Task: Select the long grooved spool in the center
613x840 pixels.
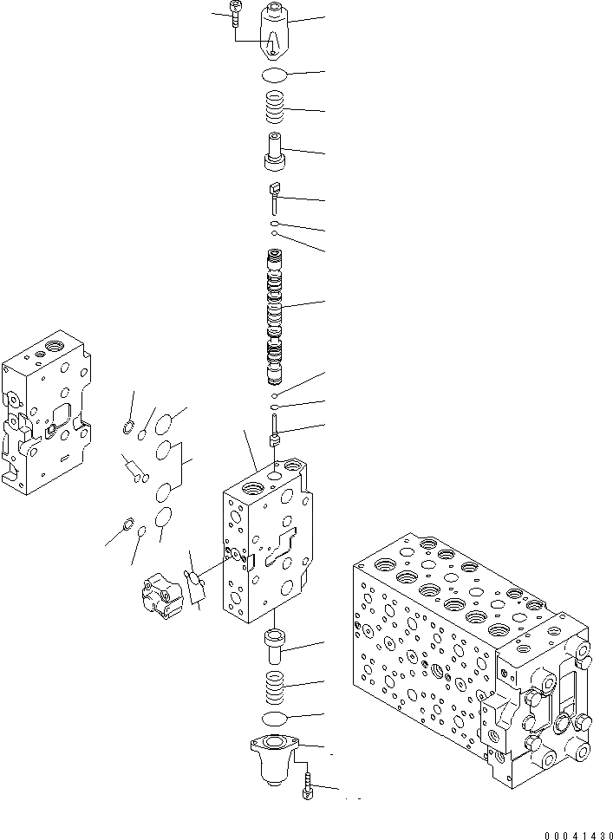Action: click(275, 316)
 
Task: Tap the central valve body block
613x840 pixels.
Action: click(264, 542)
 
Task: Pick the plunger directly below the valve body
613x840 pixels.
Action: click(275, 648)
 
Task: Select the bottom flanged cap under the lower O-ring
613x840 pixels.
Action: click(275, 754)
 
